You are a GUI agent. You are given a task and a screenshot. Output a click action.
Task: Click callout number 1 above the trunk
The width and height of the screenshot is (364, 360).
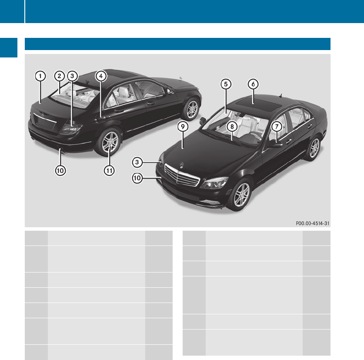40,76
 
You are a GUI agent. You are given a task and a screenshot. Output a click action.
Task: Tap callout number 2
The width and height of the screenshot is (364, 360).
59,76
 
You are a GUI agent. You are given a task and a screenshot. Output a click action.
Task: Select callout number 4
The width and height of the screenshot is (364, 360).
100,76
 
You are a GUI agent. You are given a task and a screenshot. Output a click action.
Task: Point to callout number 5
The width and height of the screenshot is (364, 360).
225,84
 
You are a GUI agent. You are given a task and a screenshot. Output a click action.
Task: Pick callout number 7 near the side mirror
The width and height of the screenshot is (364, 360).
276,126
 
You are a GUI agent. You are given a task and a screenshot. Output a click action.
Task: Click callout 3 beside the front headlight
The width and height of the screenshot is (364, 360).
137,162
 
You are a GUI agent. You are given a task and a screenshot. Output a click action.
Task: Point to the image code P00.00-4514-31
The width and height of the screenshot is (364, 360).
312,223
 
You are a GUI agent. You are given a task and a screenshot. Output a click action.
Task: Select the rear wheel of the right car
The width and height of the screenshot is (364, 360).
314,148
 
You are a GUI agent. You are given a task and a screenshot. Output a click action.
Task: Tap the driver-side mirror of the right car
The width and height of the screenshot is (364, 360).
276,143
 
